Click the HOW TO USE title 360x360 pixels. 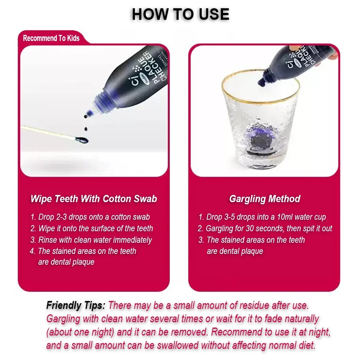point(180,14)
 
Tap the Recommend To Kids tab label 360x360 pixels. point(51,38)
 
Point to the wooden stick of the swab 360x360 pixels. point(47,132)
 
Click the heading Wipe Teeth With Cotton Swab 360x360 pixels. point(94,199)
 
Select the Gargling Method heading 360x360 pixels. point(264,199)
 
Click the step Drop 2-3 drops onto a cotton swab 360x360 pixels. point(90,217)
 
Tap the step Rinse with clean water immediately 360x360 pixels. point(91,240)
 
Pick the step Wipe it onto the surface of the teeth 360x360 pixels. point(92,228)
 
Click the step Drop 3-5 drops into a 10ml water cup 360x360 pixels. point(262,217)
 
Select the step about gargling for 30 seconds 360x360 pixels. point(265,228)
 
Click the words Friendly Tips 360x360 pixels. point(76,306)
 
